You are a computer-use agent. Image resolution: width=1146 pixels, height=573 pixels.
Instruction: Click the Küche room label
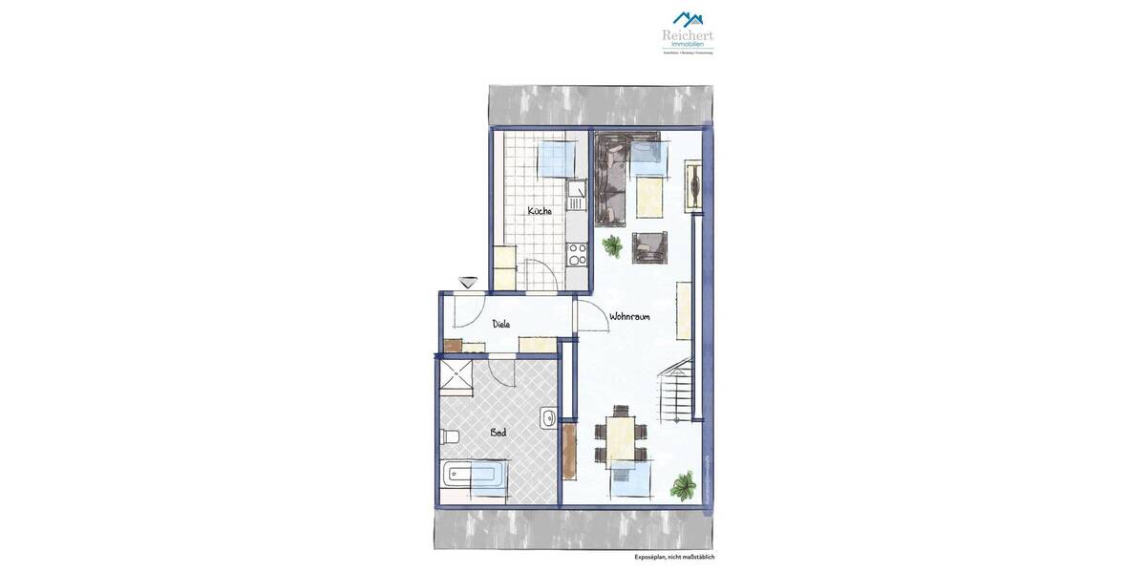pyautogui.click(x=539, y=211)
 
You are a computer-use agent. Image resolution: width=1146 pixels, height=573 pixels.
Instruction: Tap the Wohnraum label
pyautogui.click(x=629, y=317)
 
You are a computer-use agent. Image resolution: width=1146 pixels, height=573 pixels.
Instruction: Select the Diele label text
pyautogui.click(x=501, y=324)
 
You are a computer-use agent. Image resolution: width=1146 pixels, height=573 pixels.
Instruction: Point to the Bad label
pyautogui.click(x=498, y=433)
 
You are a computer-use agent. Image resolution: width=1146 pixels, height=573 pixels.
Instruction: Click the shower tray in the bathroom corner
pyautogui.click(x=455, y=375)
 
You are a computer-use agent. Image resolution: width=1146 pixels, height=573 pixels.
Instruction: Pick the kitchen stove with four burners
pyautogui.click(x=576, y=253)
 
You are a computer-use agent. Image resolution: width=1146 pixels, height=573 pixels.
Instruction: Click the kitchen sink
pyautogui.click(x=575, y=198)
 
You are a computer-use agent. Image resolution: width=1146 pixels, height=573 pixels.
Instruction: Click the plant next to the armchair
pyautogui.click(x=612, y=246)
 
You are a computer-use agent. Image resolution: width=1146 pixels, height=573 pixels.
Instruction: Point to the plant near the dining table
pyautogui.click(x=683, y=486)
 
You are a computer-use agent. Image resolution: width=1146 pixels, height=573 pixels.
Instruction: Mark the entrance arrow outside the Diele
pyautogui.click(x=468, y=282)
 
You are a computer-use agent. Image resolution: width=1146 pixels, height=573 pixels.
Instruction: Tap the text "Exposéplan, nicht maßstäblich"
pyautogui.click(x=674, y=557)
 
